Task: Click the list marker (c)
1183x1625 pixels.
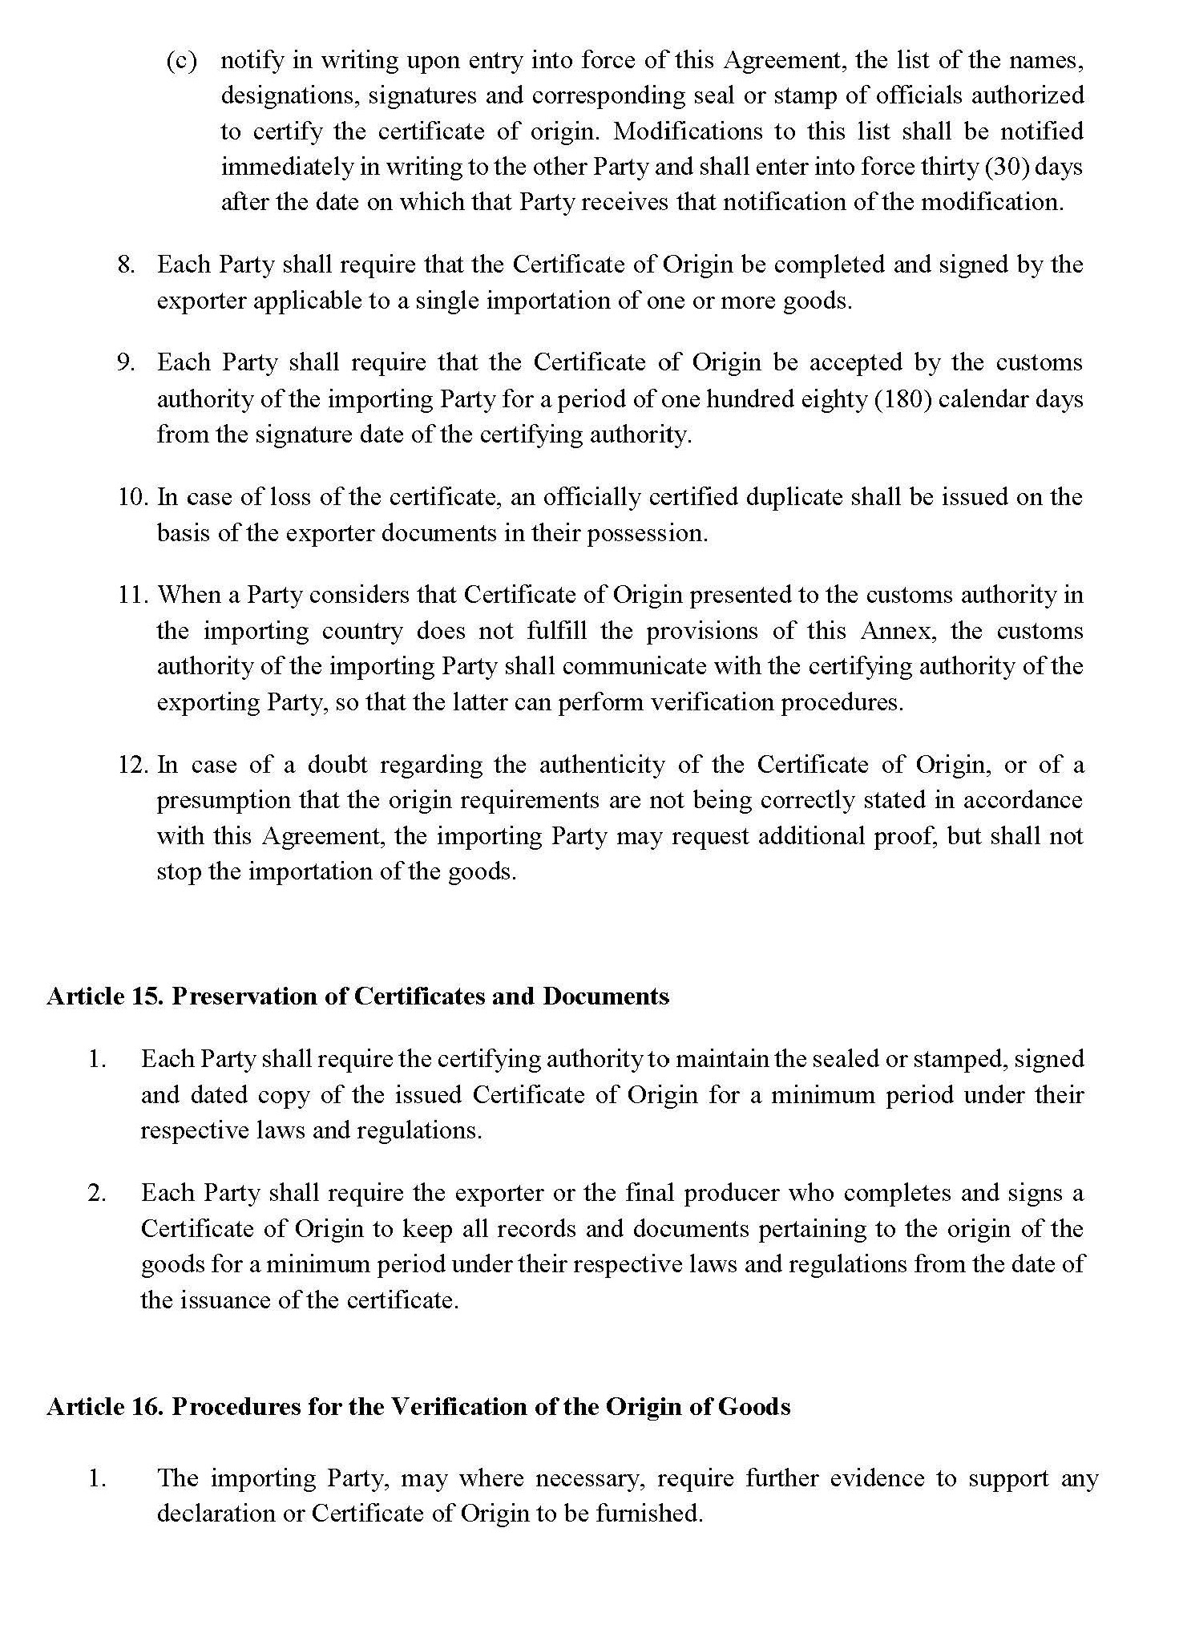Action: pos(181,61)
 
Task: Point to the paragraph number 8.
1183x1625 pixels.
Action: pos(126,265)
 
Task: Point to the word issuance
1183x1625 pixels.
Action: pos(222,1300)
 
